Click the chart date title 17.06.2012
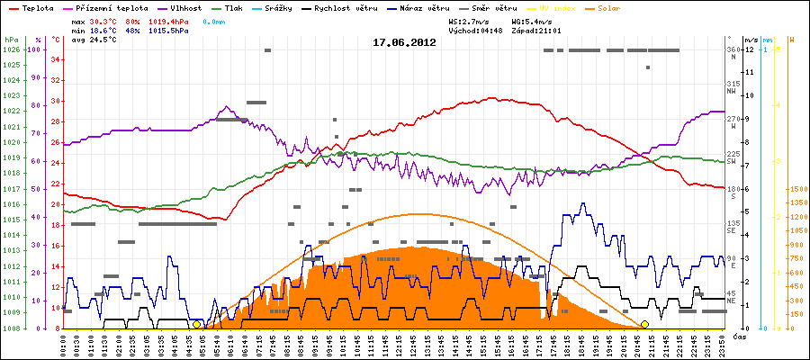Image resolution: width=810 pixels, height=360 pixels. click(x=404, y=42)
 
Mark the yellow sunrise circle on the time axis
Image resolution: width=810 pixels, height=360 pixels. click(x=197, y=324)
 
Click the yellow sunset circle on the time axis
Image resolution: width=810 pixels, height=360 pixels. click(x=644, y=324)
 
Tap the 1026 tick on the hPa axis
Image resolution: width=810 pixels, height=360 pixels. click(x=11, y=49)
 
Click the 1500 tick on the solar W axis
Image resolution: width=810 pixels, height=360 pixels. click(x=797, y=189)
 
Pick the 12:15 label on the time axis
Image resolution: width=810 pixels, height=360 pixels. click(x=401, y=344)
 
